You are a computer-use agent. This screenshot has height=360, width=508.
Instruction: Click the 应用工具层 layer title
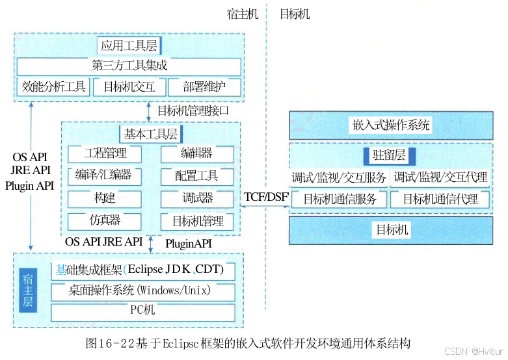pyautogui.click(x=129, y=45)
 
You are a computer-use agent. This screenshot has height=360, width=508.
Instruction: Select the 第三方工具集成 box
pyautogui.click(x=129, y=66)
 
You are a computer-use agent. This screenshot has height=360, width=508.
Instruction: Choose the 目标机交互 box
pyautogui.click(x=129, y=87)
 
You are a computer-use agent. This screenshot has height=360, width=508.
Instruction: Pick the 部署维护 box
pyautogui.click(x=204, y=87)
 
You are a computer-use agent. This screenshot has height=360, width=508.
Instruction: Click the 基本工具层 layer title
pyautogui.click(x=150, y=134)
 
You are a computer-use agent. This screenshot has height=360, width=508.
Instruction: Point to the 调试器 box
pyautogui.click(x=197, y=198)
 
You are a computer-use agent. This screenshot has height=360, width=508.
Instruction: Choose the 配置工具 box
pyautogui.click(x=197, y=176)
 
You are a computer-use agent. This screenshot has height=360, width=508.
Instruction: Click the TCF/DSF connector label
pyautogui.click(x=265, y=197)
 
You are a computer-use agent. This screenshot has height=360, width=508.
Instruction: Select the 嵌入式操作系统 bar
pyautogui.click(x=390, y=125)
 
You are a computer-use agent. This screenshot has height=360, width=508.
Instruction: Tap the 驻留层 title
pyautogui.click(x=390, y=156)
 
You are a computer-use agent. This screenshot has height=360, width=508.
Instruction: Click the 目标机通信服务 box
pyautogui.click(x=340, y=199)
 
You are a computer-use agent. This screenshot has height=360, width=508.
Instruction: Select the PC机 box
pyautogui.click(x=142, y=311)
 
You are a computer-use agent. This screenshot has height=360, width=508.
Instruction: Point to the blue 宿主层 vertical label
pyautogui.click(x=27, y=290)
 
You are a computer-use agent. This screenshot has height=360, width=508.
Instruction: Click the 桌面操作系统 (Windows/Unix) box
pyautogui.click(x=142, y=290)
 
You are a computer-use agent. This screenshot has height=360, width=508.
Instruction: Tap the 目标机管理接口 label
pyautogui.click(x=193, y=110)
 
